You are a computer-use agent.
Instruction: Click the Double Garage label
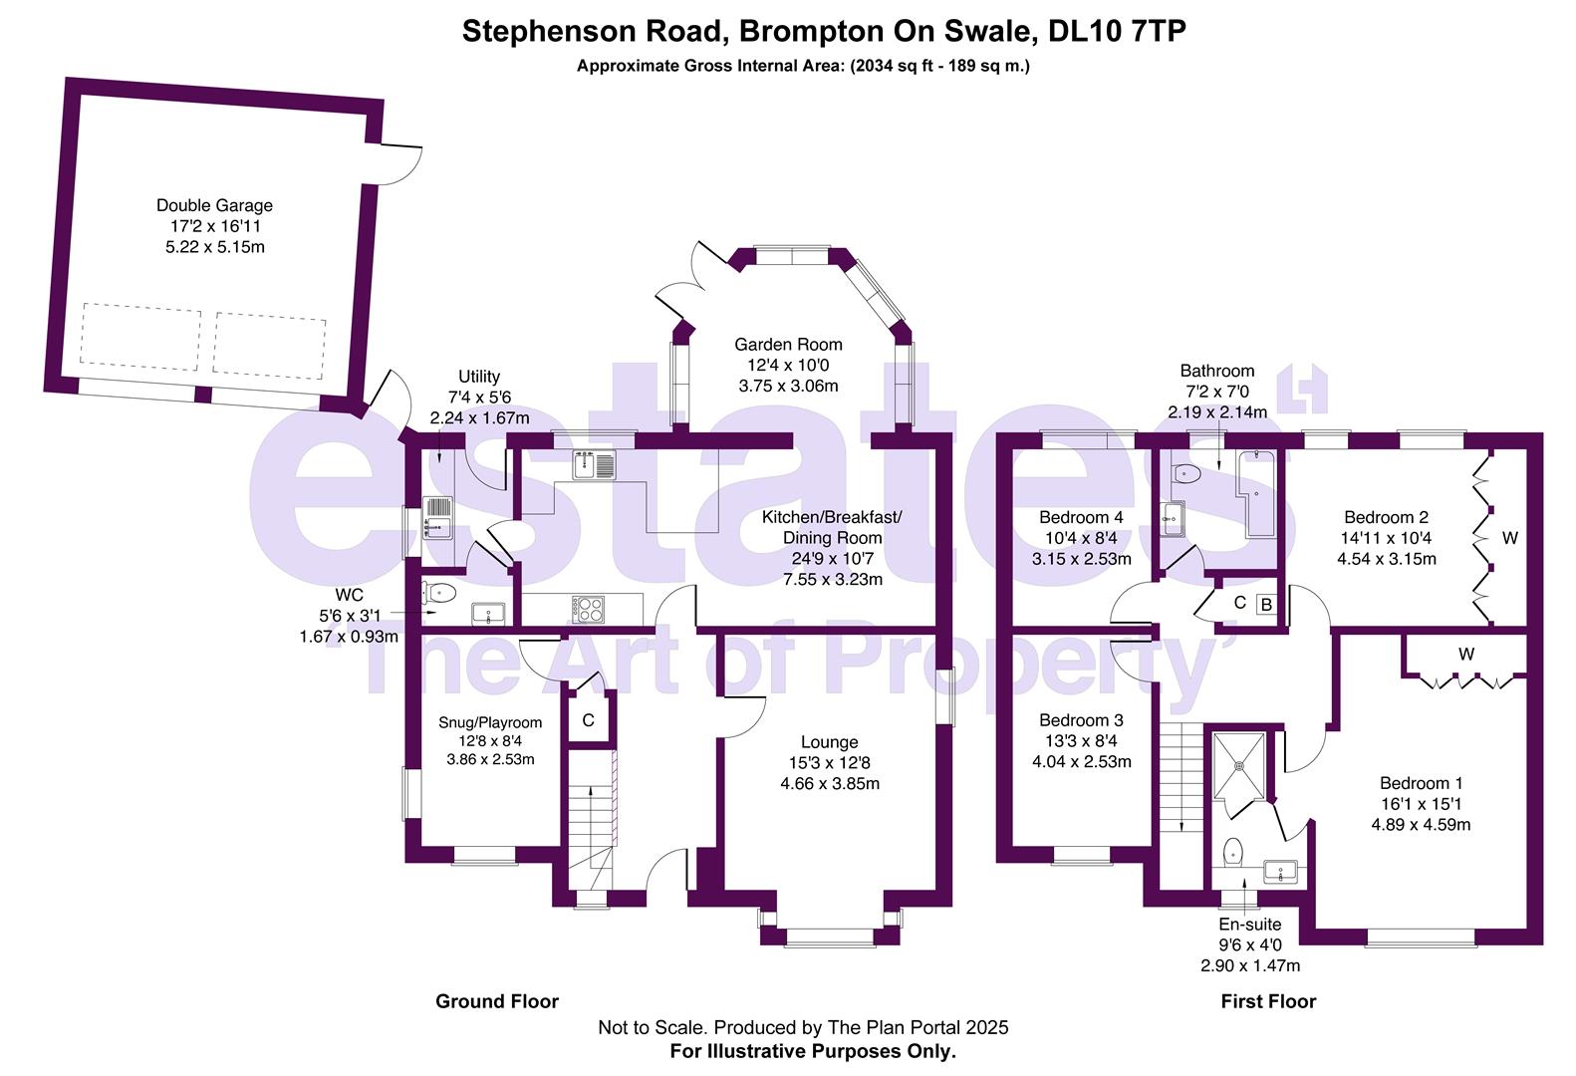pos(214,205)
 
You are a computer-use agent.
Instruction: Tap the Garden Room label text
pos(788,345)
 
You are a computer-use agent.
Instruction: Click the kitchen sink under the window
pos(594,463)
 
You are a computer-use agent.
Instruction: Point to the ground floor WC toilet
pos(438,593)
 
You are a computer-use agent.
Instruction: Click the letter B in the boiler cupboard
pos(1266,604)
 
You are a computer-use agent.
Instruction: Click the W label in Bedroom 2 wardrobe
pos(1509,538)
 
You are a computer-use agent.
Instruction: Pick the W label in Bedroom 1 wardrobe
pos(1465,655)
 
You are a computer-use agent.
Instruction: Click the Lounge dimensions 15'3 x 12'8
pos(829,763)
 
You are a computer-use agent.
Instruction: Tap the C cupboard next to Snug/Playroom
pos(588,720)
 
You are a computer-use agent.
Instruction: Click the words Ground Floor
pos(497,1001)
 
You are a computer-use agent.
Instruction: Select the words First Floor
pos(1268,1001)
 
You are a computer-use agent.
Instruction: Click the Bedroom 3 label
pos(1081,720)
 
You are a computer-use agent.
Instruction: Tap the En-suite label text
pos(1250,925)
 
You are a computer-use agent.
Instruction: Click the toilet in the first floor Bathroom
pos(1186,473)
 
